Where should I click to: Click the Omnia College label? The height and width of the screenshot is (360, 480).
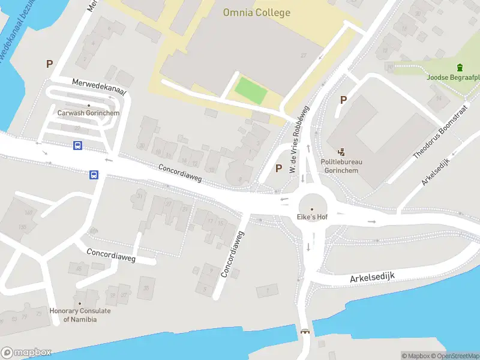[x=256, y=13]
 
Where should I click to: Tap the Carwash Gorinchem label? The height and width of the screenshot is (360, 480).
[x=88, y=113]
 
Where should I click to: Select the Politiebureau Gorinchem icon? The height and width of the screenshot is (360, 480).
[x=342, y=152]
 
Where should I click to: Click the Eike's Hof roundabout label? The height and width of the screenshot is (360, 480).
[x=311, y=217]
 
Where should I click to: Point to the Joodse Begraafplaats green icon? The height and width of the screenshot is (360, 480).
[x=460, y=67]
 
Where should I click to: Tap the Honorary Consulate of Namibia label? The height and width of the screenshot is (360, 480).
[x=80, y=315]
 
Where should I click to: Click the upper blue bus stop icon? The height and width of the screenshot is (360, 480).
[x=78, y=145]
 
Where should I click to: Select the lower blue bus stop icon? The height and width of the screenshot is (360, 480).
[x=94, y=175]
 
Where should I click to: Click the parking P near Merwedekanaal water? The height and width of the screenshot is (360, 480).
[x=50, y=64]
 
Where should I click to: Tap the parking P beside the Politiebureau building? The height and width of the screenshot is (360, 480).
[x=343, y=100]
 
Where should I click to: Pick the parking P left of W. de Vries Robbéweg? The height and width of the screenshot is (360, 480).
[x=278, y=169]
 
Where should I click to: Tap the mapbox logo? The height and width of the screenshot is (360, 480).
[x=26, y=352]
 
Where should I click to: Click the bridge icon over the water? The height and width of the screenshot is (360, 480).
[x=305, y=332]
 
